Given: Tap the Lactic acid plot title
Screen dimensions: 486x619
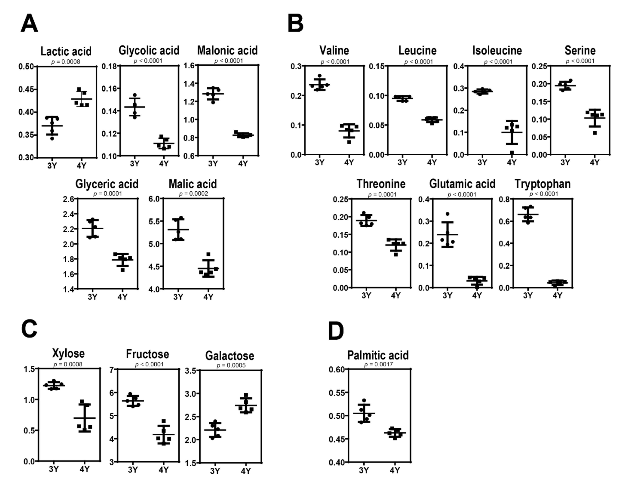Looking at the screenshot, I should pyautogui.click(x=66, y=51).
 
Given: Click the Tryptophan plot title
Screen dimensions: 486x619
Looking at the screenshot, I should pyautogui.click(x=543, y=184).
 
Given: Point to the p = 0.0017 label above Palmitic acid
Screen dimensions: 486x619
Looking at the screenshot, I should pyautogui.click(x=378, y=364).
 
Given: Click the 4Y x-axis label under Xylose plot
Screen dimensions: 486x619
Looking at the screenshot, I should pyautogui.click(x=84, y=469).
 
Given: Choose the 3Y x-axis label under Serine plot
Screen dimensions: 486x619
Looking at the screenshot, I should pyautogui.click(x=565, y=162).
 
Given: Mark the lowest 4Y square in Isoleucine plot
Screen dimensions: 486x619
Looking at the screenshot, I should pyautogui.click(x=512, y=153).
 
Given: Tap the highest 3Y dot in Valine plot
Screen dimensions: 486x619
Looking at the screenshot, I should pyautogui.click(x=320, y=76).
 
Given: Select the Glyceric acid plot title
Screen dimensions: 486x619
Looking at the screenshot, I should pyautogui.click(x=107, y=184).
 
